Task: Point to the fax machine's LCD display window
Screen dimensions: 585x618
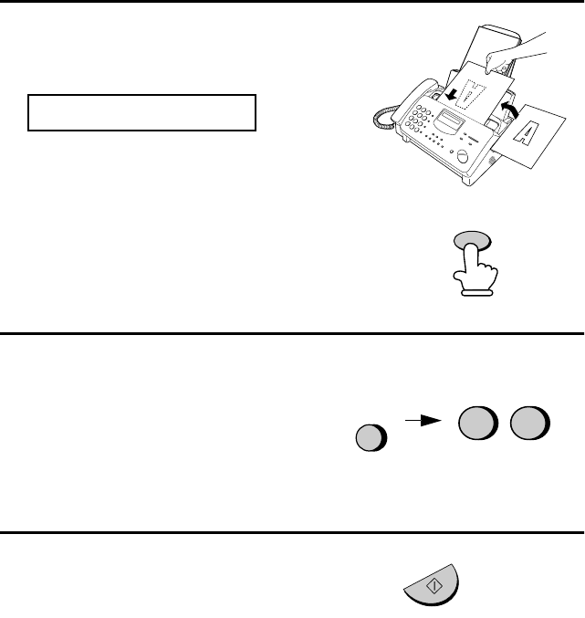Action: coord(451,120)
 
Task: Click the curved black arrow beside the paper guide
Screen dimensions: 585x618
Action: coord(510,110)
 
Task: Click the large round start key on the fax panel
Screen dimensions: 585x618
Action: coord(463,156)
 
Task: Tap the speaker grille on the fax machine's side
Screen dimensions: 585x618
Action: coord(492,160)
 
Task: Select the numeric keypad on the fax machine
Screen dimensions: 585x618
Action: coord(418,119)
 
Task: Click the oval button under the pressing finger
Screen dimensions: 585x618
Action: coord(473,239)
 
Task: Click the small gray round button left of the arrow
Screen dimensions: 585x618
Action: coord(371,437)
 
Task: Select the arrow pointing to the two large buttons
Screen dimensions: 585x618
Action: coord(423,421)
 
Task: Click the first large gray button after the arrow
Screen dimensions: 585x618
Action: coord(478,423)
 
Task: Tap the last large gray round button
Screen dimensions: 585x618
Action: coord(530,423)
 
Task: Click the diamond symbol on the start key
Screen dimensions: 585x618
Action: coord(434,586)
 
